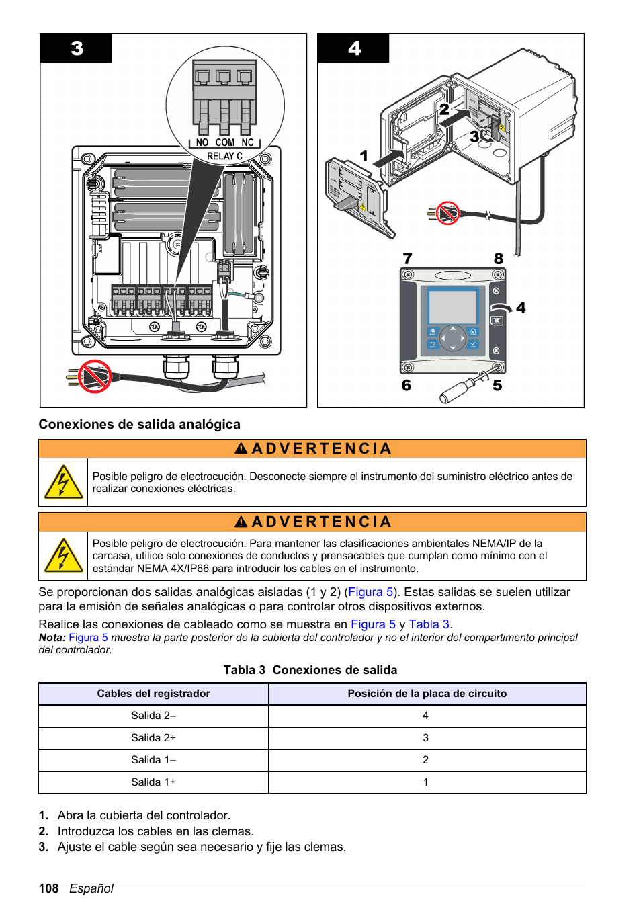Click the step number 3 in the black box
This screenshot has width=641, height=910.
coord(77,48)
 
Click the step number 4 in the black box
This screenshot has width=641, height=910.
coord(354,48)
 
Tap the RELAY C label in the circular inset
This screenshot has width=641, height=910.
coord(224,156)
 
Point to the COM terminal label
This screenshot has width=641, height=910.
coord(225,142)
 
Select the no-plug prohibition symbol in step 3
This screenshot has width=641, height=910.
coord(95,376)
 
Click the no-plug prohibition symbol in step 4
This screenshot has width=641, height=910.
coord(447,214)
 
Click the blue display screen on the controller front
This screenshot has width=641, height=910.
coord(452,306)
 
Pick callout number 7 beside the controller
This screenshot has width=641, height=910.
coord(407,259)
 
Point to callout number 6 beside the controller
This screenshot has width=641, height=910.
coord(406,385)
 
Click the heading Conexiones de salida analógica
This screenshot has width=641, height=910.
coord(139,424)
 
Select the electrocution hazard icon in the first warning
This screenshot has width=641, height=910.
coord(63,483)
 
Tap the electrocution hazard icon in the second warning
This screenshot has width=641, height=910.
coord(63,556)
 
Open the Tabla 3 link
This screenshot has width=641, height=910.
coord(429,624)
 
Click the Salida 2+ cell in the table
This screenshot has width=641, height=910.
coord(153,737)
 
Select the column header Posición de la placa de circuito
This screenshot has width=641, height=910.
coord(427,693)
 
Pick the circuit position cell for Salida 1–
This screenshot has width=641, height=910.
coord(425,759)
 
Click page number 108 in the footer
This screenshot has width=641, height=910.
coord(48,888)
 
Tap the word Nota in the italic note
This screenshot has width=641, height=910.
coord(51,637)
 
